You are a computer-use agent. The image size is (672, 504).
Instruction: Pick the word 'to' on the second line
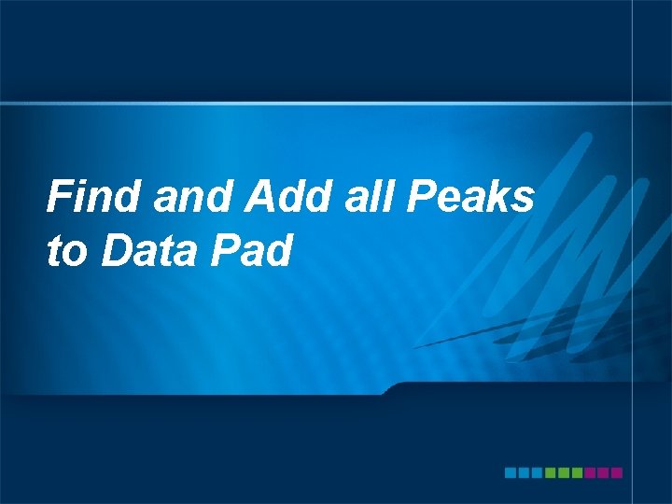[x=65, y=250]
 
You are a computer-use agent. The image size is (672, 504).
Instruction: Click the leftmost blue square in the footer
[x=511, y=473]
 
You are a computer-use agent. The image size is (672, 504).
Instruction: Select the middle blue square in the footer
[x=524, y=473]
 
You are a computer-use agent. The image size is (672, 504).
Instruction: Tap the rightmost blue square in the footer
[x=537, y=473]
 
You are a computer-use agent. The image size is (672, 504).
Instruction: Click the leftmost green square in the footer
[x=551, y=473]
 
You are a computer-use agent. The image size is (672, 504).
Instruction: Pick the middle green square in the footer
[x=564, y=473]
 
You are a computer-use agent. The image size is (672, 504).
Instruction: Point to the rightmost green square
[x=577, y=473]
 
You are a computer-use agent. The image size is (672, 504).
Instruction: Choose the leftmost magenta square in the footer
[x=590, y=473]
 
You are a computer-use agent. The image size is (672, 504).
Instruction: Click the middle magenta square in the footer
[x=603, y=473]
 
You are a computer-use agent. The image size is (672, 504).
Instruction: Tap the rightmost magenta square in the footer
[x=616, y=473]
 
